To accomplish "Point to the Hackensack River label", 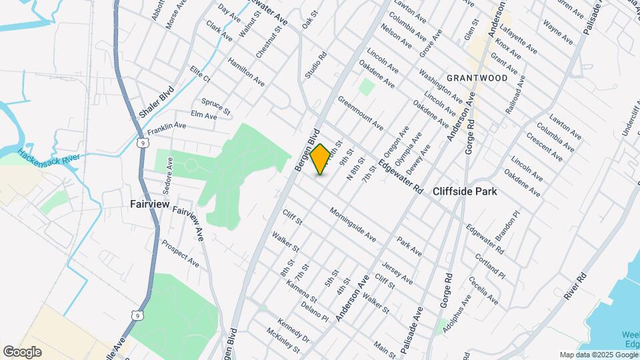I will pyautogui.click(x=49, y=159).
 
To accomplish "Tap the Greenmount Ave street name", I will pyautogui.click(x=360, y=113).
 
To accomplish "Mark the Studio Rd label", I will pyautogui.click(x=317, y=66).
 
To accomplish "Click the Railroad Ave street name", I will pyautogui.click(x=515, y=95).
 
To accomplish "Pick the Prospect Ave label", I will pyautogui.click(x=180, y=253).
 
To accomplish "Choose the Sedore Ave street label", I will pyautogui.click(x=169, y=172).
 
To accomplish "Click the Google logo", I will pyautogui.click(x=22, y=351).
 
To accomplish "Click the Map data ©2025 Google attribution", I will pyautogui.click(x=598, y=355).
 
